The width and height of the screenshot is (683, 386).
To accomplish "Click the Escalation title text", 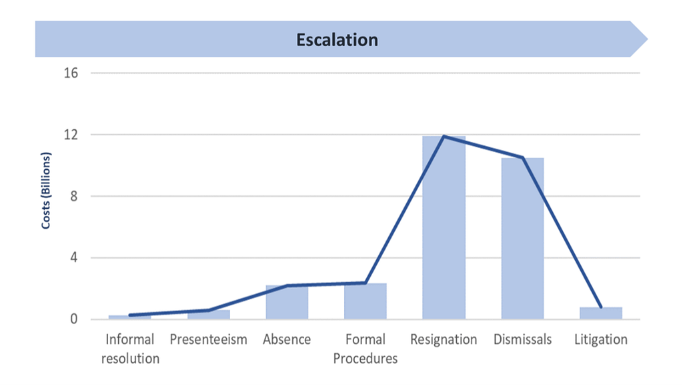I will pos(337,39).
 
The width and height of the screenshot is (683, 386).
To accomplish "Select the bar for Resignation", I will pos(444,227).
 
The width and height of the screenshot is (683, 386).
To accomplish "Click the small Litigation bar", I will pos(601,313).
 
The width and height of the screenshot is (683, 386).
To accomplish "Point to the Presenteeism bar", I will pos(209,314).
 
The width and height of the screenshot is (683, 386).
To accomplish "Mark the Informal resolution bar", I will pos(130,317).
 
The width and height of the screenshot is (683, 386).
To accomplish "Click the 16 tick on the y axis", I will pos(71,73).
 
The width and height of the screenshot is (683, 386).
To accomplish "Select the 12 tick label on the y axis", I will pos(71,135).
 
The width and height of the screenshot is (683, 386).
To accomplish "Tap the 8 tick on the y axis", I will pos(74,197).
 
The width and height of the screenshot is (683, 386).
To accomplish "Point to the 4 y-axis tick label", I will pos(74,258).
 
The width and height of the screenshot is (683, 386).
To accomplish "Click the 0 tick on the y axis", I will pos(74,319).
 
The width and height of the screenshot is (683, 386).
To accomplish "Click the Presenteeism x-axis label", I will pos(209,339).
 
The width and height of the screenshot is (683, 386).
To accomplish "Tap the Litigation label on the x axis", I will pos(601,339).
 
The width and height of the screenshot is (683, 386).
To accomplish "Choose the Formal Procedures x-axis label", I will pos(366,349).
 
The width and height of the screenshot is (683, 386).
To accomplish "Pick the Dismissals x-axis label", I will pos(523,339).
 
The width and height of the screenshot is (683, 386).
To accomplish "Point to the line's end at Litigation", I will pos(601,307).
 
